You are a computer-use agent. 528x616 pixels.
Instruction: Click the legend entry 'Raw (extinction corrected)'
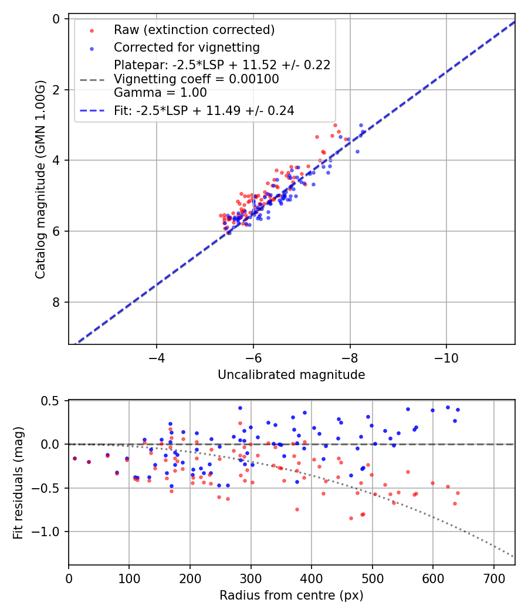click(194, 30)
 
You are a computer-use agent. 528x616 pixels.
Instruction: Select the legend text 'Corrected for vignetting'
click(187, 47)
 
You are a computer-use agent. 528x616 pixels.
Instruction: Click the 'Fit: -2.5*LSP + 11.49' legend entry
click(204, 110)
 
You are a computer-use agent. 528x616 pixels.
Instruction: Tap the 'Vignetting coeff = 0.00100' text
click(197, 79)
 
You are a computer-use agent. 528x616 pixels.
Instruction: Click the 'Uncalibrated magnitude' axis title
click(291, 375)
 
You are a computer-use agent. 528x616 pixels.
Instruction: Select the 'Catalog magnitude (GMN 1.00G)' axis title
click(40, 181)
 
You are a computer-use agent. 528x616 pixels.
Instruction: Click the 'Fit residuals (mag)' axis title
click(18, 483)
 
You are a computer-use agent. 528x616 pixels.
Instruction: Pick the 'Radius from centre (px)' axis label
click(291, 595)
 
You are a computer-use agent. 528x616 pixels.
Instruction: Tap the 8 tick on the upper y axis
click(56, 302)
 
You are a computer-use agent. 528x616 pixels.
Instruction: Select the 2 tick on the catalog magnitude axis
click(56, 90)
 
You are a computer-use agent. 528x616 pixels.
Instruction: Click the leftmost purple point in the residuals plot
click(75, 458)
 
